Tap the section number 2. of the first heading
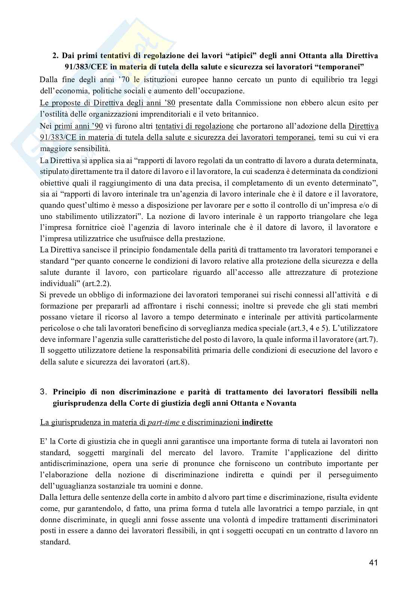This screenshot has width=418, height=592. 55,56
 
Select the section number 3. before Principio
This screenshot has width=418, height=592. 44,392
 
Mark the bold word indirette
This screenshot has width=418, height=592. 257,423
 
